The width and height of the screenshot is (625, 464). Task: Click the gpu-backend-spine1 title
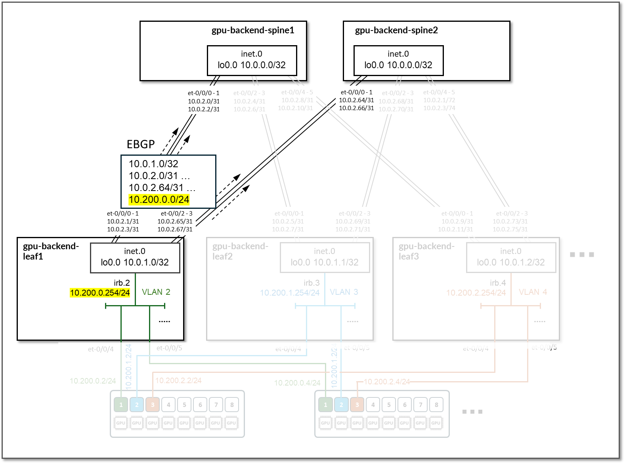tap(253, 31)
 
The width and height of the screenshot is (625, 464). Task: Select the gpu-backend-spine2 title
tap(396, 31)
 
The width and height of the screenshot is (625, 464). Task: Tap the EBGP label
tap(141, 144)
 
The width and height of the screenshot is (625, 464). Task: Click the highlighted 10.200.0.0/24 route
tap(159, 199)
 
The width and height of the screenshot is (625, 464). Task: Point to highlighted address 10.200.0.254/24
tap(100, 293)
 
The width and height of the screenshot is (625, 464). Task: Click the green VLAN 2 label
tap(156, 292)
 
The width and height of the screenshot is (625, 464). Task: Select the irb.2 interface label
tap(122, 283)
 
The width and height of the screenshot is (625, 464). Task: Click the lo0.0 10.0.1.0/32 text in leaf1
tap(135, 262)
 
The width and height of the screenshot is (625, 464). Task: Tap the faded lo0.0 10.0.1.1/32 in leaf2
tap(325, 262)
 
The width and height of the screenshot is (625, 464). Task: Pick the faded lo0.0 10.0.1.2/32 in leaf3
tap(511, 262)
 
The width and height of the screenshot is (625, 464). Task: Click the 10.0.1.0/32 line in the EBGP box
tap(153, 164)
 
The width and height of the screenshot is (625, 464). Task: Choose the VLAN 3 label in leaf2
tap(344, 292)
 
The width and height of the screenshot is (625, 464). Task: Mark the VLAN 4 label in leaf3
tap(533, 292)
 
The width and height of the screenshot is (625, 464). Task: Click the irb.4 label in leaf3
tap(498, 283)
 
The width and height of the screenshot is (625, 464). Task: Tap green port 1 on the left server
tap(121, 405)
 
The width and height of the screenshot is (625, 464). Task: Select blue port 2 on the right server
tap(341, 405)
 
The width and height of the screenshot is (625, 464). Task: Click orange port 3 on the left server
tap(153, 405)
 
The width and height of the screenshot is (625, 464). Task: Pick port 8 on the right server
tap(436, 405)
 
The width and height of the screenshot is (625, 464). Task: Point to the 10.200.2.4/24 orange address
tap(387, 382)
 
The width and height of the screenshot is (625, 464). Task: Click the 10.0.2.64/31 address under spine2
tap(356, 100)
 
